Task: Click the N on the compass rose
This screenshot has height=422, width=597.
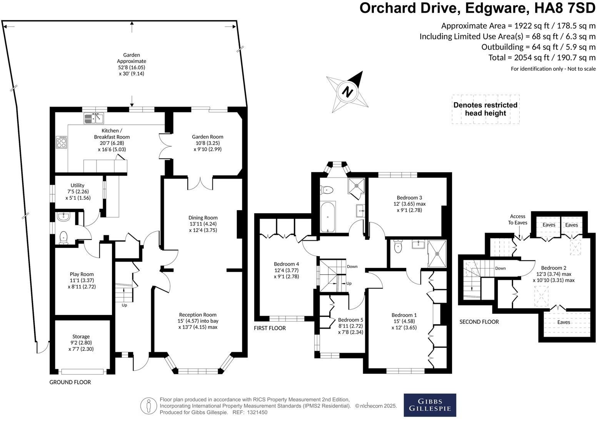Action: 347,92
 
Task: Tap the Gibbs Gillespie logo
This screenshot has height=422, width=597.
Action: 430,405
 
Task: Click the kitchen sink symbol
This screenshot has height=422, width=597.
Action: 93,118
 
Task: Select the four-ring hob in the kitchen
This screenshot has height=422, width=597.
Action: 62,142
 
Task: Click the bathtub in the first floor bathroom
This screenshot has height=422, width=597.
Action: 328,217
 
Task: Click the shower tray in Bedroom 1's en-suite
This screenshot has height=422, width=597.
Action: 437,253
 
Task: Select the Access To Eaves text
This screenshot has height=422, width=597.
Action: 518,219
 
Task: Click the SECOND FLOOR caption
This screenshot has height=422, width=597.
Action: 479,322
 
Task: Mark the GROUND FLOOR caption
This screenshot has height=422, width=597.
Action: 70,382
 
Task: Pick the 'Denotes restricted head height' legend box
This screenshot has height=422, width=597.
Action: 485,109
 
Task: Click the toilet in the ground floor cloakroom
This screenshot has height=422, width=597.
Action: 63,237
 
